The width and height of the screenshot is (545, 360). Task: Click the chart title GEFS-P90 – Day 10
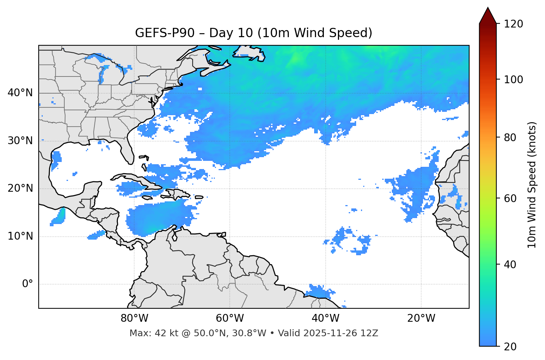point(254,33)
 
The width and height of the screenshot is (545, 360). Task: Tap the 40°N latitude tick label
point(20,93)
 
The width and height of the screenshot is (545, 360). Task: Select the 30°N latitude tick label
point(20,141)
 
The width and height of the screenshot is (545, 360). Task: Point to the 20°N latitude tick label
point(20,188)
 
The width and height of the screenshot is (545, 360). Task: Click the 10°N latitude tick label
point(20,236)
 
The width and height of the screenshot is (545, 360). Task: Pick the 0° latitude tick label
point(28,284)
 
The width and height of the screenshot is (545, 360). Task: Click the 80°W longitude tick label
point(134,318)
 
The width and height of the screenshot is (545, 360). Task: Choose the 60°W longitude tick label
point(230,318)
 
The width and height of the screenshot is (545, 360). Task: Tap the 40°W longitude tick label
point(325,318)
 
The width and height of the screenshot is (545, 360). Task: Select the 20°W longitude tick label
point(421,318)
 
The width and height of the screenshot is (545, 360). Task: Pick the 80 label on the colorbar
point(512,137)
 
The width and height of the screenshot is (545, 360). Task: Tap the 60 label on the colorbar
point(512,198)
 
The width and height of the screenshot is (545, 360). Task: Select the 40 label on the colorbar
point(512,265)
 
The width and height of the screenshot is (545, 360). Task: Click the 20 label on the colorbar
point(512,347)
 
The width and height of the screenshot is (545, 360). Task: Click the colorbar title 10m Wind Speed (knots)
point(532,185)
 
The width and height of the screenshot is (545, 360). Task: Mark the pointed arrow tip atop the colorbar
point(488,8)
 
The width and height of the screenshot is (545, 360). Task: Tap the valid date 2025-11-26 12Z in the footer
point(341,333)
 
